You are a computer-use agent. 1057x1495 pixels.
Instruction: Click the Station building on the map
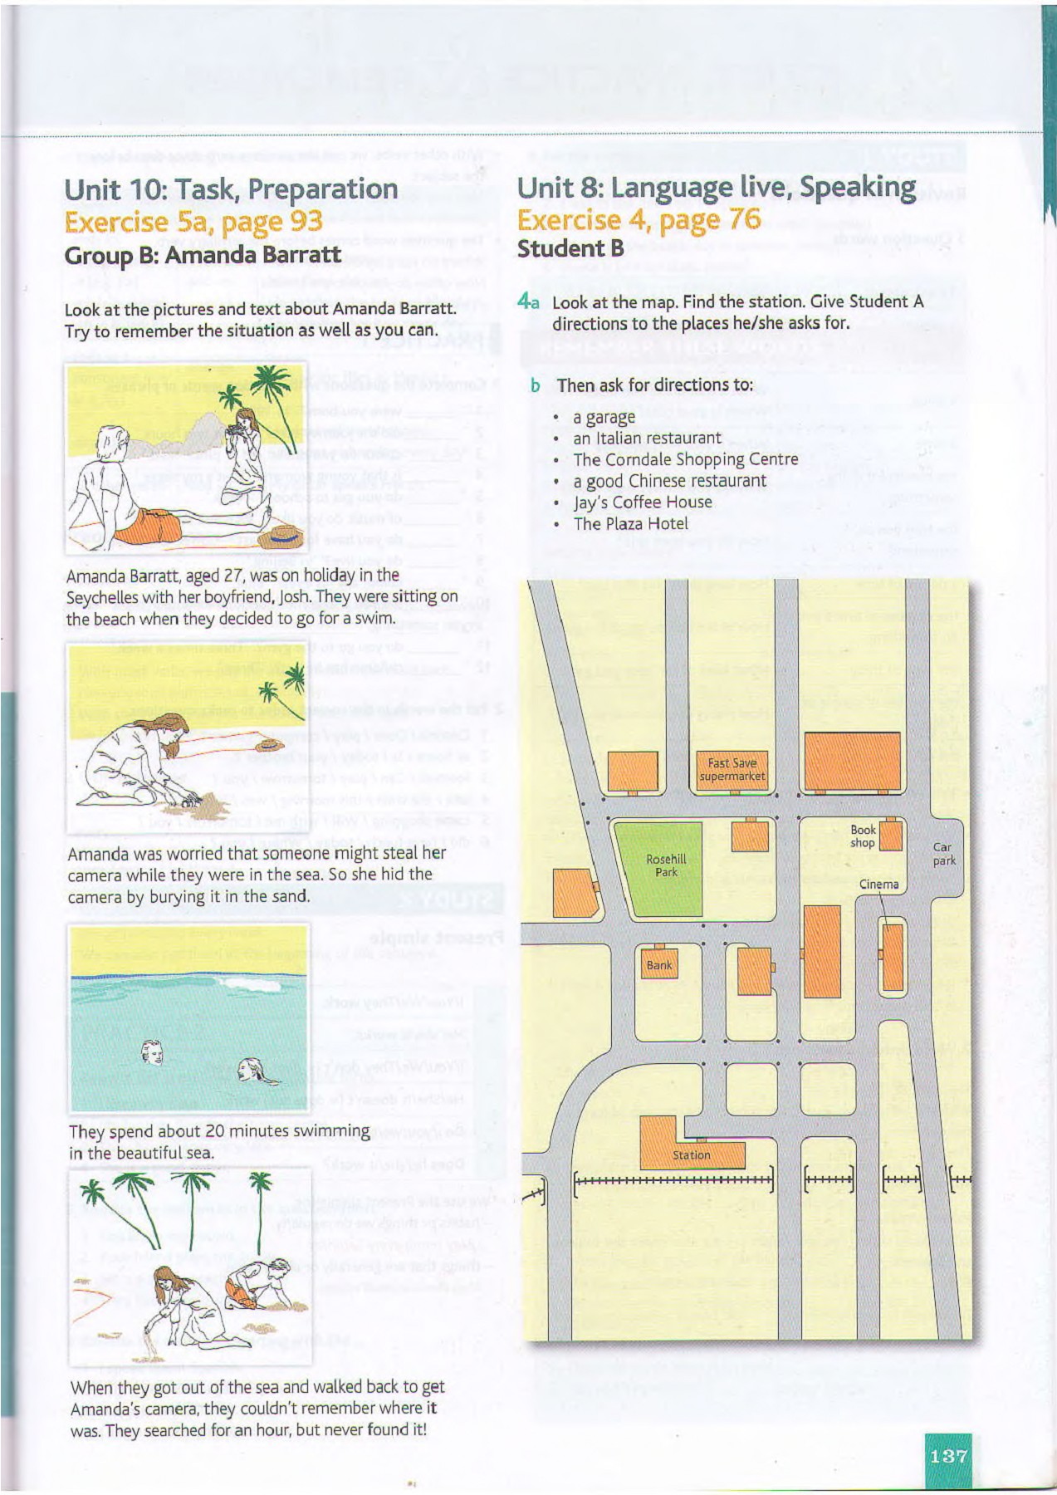pyautogui.click(x=692, y=1153)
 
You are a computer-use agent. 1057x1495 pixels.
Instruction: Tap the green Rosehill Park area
pyautogui.click(x=665, y=869)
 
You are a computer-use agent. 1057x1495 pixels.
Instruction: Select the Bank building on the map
pyautogui.click(x=659, y=965)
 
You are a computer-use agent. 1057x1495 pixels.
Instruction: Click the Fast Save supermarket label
pyautogui.click(x=732, y=770)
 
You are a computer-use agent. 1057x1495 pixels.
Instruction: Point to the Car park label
pyautogui.click(x=943, y=854)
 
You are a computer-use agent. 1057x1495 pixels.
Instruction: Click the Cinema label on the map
pyautogui.click(x=878, y=885)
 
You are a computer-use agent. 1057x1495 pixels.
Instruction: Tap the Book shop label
pyautogui.click(x=863, y=836)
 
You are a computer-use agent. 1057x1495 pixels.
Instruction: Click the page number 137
pyautogui.click(x=948, y=1456)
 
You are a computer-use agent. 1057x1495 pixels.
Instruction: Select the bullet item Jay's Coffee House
pyautogui.click(x=642, y=502)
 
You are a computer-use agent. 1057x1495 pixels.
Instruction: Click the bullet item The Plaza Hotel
pyautogui.click(x=630, y=524)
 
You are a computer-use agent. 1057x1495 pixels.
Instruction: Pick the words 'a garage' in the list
pyautogui.click(x=604, y=417)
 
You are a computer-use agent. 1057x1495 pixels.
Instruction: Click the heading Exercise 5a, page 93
pyautogui.click(x=193, y=222)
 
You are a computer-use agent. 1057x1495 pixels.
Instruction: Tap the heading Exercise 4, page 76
pyautogui.click(x=639, y=220)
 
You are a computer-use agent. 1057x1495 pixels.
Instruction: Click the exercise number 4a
pyautogui.click(x=528, y=301)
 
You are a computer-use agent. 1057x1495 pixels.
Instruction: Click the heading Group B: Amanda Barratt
pyautogui.click(x=203, y=255)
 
